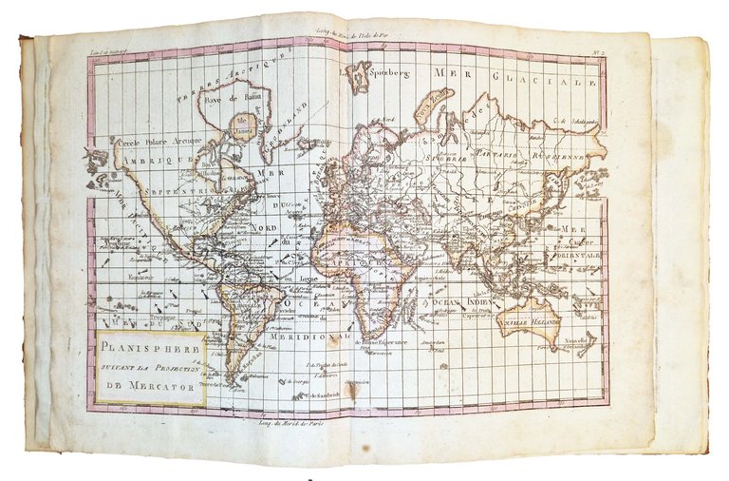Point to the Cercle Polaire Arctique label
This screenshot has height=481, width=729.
tap(154, 141)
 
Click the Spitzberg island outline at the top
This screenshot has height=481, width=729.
tap(359, 77)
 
